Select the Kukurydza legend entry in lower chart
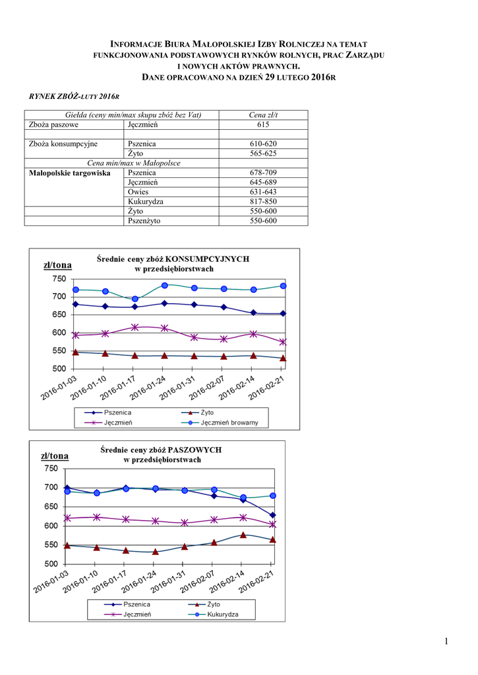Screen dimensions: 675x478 pyautogui.click(x=222, y=614)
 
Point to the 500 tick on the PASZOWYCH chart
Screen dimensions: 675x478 pyautogui.click(x=51, y=564)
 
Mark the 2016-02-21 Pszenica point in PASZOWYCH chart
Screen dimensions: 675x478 pyautogui.click(x=273, y=515)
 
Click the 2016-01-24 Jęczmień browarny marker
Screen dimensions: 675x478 pyautogui.click(x=165, y=285)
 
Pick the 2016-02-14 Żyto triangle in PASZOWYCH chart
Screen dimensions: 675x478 pyautogui.click(x=243, y=535)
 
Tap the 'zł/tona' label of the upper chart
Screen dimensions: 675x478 pyautogui.click(x=57, y=265)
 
